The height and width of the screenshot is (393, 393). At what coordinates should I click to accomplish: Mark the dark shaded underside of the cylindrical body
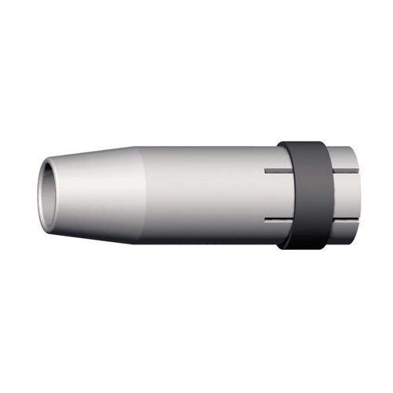204,228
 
